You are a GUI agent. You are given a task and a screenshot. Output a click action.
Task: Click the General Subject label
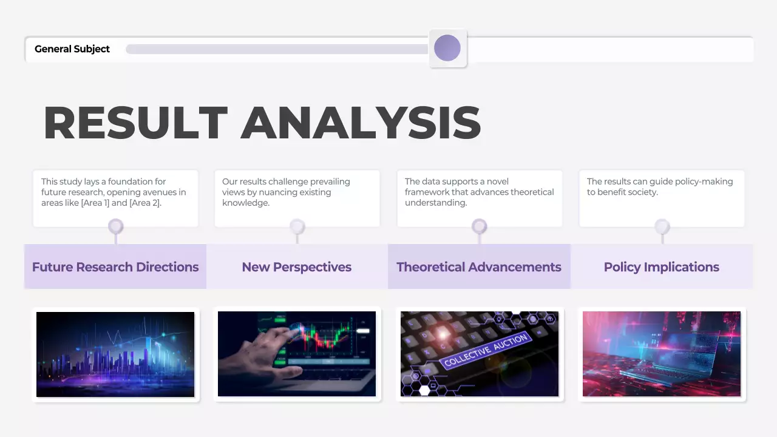72,49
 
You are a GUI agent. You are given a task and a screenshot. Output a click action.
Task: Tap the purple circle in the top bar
447,48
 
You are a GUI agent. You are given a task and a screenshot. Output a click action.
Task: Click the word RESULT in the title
135,123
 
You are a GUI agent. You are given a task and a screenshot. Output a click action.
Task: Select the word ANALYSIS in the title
361,123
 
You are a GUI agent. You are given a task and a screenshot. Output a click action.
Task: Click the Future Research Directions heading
115,267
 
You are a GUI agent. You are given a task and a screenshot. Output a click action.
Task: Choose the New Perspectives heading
296,267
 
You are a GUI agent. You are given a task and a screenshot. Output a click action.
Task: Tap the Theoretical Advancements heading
478,267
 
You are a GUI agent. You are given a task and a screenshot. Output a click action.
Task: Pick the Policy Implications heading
661,267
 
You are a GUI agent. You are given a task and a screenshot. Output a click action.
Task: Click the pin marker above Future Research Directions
115,227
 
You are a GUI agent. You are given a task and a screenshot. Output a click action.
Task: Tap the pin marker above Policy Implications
662,227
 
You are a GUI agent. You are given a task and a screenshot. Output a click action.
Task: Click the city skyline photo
115,354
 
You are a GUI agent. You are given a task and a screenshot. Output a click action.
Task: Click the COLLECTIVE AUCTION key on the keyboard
486,351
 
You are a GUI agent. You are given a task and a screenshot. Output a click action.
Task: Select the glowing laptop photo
662,354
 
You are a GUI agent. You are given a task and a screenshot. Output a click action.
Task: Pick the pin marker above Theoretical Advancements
479,227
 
